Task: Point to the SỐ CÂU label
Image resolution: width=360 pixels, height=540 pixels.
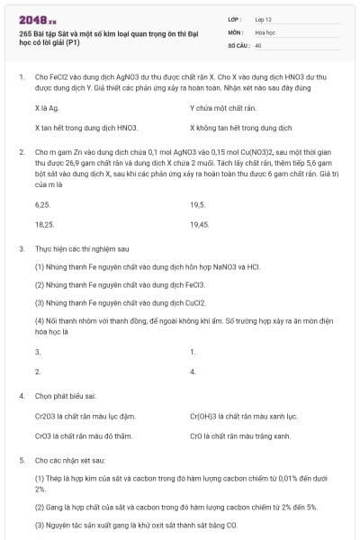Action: pos(238,44)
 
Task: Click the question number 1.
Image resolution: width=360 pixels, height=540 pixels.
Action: pos(21,77)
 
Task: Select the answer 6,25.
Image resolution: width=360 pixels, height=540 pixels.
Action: pos(42,205)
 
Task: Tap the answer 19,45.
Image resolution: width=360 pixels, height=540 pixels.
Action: pos(200,224)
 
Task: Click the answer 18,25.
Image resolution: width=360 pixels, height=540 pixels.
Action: pos(44,224)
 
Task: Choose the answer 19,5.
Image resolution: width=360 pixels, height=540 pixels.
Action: pos(198,205)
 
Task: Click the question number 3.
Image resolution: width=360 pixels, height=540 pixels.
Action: pos(21,247)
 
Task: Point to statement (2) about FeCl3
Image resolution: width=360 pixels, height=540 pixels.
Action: pos(108,283)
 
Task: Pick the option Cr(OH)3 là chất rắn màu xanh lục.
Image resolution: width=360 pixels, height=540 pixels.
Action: pos(244,417)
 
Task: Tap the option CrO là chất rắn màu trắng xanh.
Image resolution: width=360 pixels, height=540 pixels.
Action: pos(240,436)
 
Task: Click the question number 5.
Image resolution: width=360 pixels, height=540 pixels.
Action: pos(21,459)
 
